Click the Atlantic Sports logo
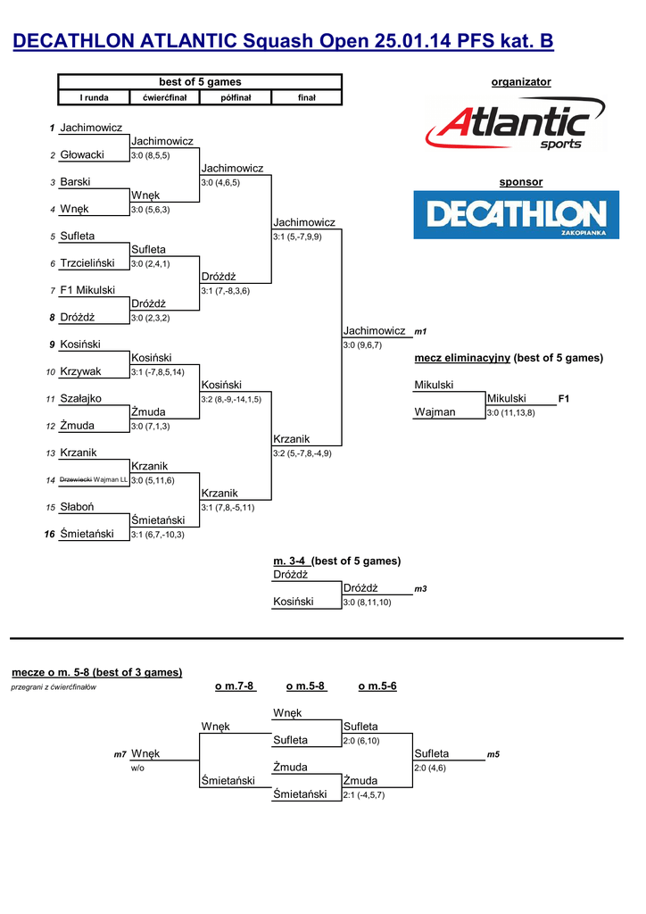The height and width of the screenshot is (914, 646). [516, 126]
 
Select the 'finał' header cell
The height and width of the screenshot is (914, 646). [306, 97]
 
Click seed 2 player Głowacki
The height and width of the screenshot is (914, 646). [82, 154]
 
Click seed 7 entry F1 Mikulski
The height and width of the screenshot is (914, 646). [87, 290]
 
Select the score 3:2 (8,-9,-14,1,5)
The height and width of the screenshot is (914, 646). [231, 399]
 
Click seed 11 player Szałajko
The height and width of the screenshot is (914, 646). [80, 398]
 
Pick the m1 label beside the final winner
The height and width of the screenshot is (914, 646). [421, 331]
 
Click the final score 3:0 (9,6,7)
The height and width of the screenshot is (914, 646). [362, 345]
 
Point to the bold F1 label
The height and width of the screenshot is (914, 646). [563, 398]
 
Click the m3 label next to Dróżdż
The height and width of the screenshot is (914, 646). [421, 589]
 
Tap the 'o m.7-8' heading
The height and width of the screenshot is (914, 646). [235, 685]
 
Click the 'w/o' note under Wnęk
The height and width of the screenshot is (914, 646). [138, 768]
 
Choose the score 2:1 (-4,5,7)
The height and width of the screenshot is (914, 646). [363, 794]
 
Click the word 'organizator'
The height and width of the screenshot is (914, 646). [521, 82]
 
